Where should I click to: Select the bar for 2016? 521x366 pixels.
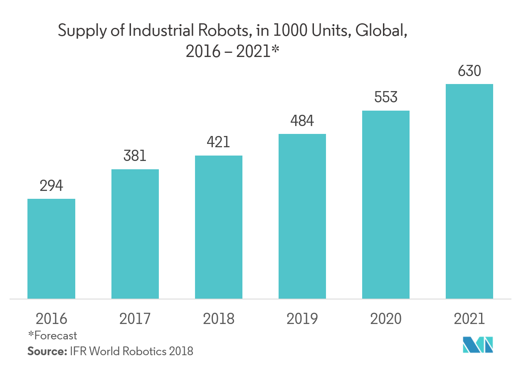pos(51,249)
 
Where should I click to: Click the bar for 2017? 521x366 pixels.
pos(135,234)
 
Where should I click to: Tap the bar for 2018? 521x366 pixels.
pos(219,227)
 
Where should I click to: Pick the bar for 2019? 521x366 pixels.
pos(302,216)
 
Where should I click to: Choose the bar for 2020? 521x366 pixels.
pos(386,205)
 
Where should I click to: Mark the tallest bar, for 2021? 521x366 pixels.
pos(469,191)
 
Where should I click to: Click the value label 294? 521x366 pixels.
pos(51,186)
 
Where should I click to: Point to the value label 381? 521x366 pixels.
pos(135,156)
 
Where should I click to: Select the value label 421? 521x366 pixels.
pos(219,142)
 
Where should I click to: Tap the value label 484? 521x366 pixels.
pos(302,121)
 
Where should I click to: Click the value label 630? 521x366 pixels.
pos(469,71)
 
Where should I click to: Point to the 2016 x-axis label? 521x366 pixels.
pos(51,319)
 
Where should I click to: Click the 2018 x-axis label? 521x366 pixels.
pos(219,319)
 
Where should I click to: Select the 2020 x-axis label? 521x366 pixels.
pos(386,319)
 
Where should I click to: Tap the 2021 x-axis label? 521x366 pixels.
pos(469,319)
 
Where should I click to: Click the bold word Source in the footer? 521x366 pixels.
pos(47,351)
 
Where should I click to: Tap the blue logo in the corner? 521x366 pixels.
pos(478,345)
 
